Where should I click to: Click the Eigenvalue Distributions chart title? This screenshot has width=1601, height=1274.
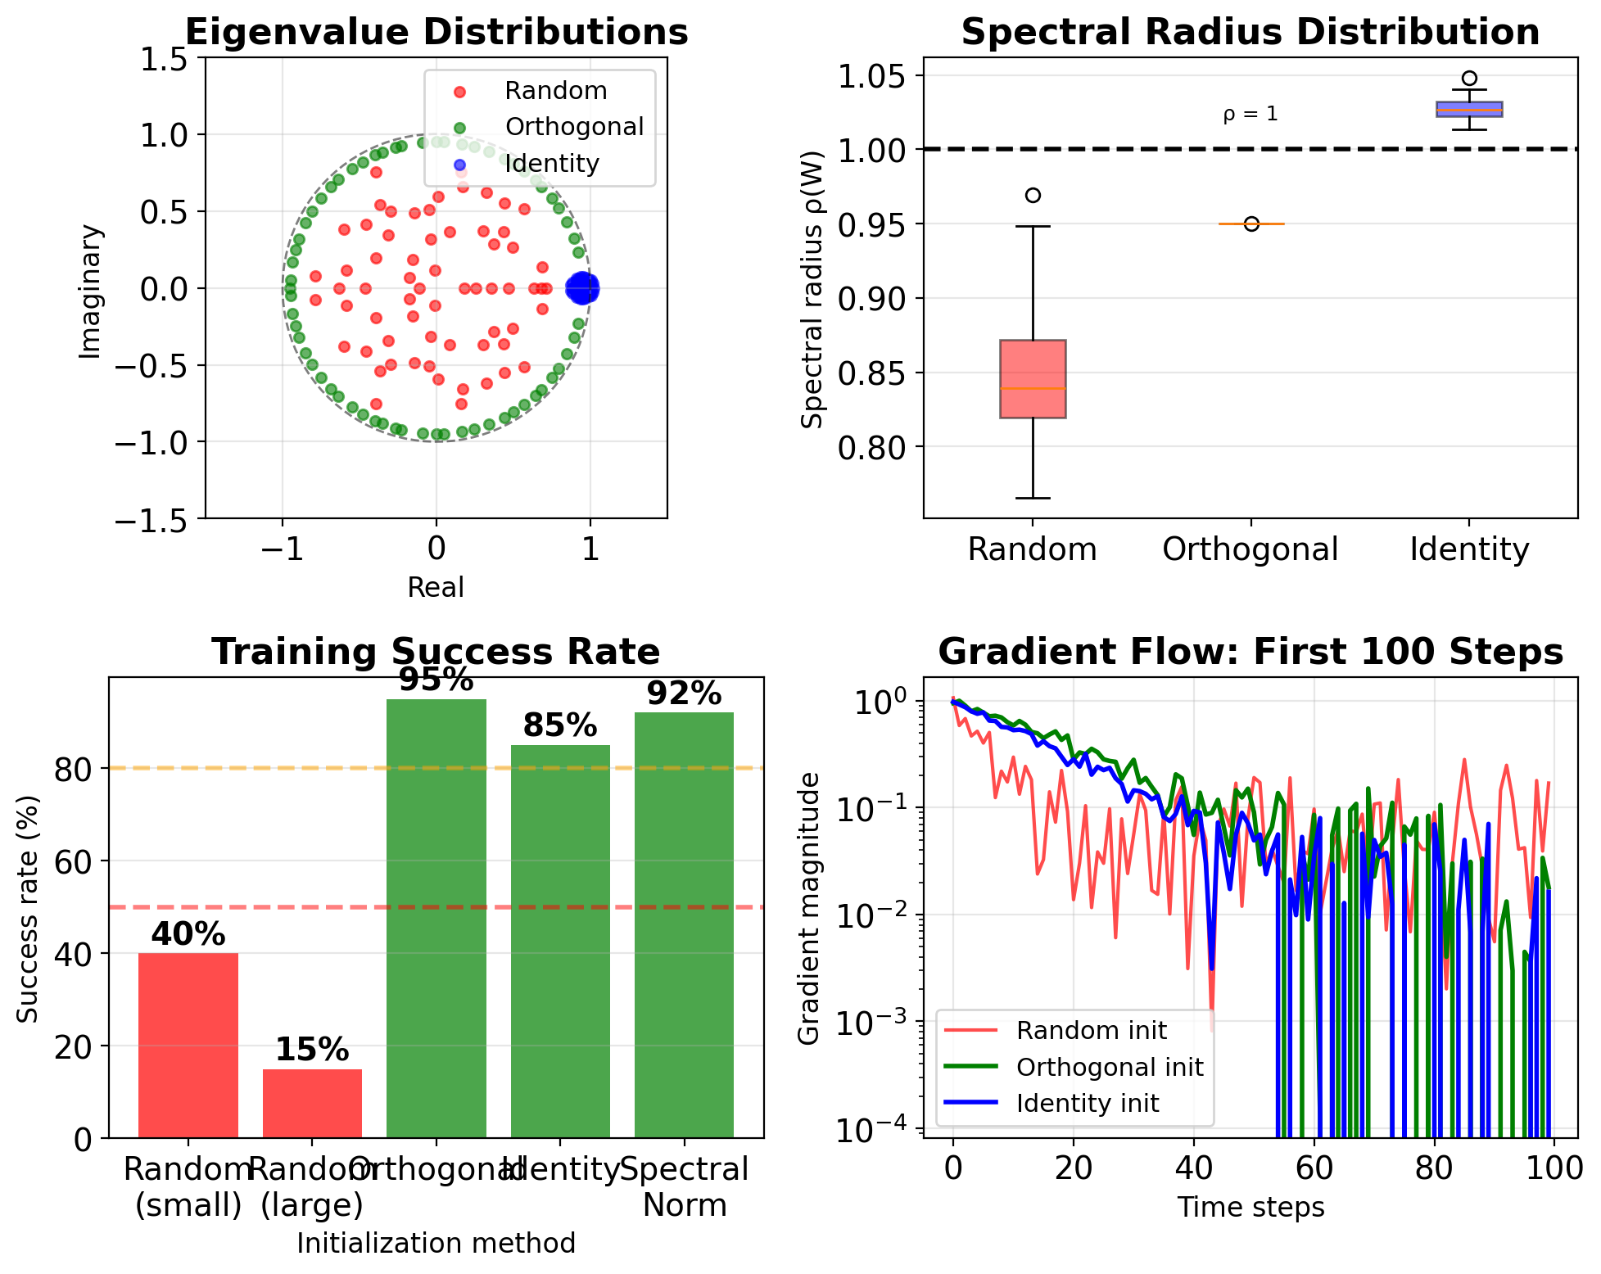(x=436, y=33)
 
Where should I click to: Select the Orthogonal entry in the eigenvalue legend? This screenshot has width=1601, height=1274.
(x=573, y=127)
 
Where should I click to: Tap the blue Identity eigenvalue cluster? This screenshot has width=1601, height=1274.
(x=582, y=288)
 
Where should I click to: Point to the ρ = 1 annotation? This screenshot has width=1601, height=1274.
(x=1250, y=114)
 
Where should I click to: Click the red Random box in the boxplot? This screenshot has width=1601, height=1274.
(x=1033, y=378)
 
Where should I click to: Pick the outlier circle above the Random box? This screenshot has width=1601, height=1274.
(x=1033, y=195)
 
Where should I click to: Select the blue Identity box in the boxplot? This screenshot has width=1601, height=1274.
(x=1469, y=109)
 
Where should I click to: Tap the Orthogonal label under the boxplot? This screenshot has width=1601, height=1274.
(x=1250, y=549)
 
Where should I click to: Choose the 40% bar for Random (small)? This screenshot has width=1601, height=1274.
(x=188, y=1045)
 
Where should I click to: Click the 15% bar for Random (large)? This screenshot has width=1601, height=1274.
(x=312, y=1103)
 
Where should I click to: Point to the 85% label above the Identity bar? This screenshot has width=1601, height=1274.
(x=560, y=726)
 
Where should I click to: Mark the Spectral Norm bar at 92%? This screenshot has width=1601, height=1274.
(x=684, y=925)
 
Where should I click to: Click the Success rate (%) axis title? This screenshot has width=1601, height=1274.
(x=28, y=909)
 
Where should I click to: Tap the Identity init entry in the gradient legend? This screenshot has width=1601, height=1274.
(x=1087, y=1104)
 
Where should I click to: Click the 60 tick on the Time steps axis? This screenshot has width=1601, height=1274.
(x=1314, y=1168)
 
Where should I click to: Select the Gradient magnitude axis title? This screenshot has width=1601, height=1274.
(x=808, y=909)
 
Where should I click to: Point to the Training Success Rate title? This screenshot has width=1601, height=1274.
(x=436, y=653)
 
